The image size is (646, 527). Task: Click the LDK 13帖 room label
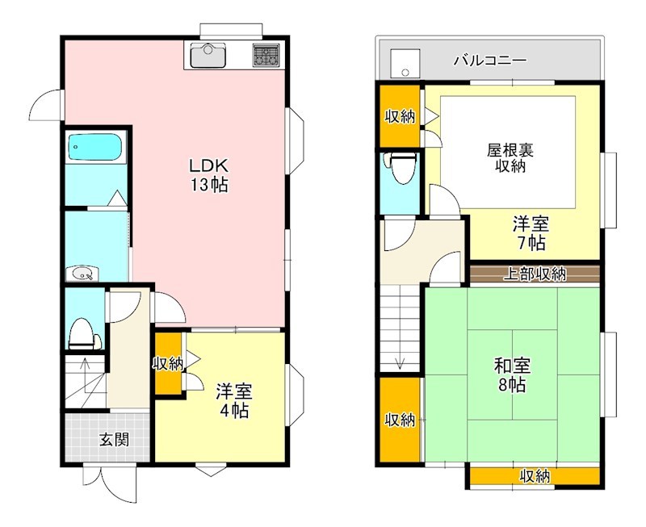pyautogui.click(x=208, y=174)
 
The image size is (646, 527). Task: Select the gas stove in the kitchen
pyautogui.click(x=266, y=56)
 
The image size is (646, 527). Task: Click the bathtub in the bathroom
pyautogui.click(x=95, y=148)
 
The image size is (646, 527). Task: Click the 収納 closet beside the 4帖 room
pyautogui.click(x=169, y=364)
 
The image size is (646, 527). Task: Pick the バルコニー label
pyautogui.click(x=490, y=60)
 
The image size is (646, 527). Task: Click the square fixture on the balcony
pyautogui.click(x=401, y=62)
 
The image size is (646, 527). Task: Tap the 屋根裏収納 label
pyautogui.click(x=506, y=157)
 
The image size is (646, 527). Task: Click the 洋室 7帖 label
pyautogui.click(x=530, y=232)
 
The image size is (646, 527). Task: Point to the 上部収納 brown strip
pyautogui.click(x=535, y=274)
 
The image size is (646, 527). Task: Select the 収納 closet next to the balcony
pyautogui.click(x=400, y=116)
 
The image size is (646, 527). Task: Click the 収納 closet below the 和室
pyautogui.click(x=535, y=477)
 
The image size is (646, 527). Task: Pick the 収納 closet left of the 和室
pyautogui.click(x=400, y=420)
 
